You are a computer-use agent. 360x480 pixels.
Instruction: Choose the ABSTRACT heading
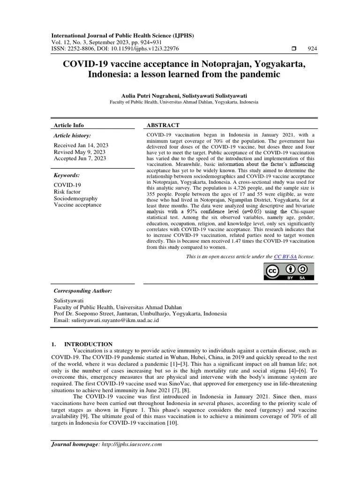(163, 125)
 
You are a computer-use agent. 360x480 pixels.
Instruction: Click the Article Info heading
(69, 125)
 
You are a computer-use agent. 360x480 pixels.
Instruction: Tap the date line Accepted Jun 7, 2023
(80, 159)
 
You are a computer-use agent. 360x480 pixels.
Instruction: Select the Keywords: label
(67, 175)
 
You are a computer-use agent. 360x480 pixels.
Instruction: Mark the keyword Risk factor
(67, 192)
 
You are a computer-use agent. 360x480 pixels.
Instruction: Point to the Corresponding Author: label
(83, 291)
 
